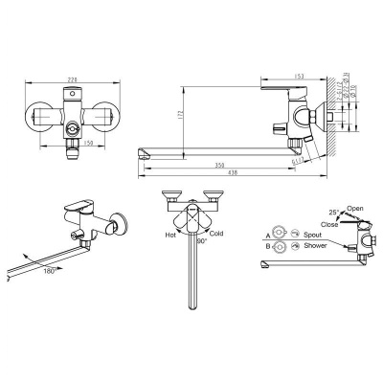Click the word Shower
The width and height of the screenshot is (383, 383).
click(315, 245)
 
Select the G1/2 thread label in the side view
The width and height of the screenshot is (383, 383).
click(297, 162)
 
